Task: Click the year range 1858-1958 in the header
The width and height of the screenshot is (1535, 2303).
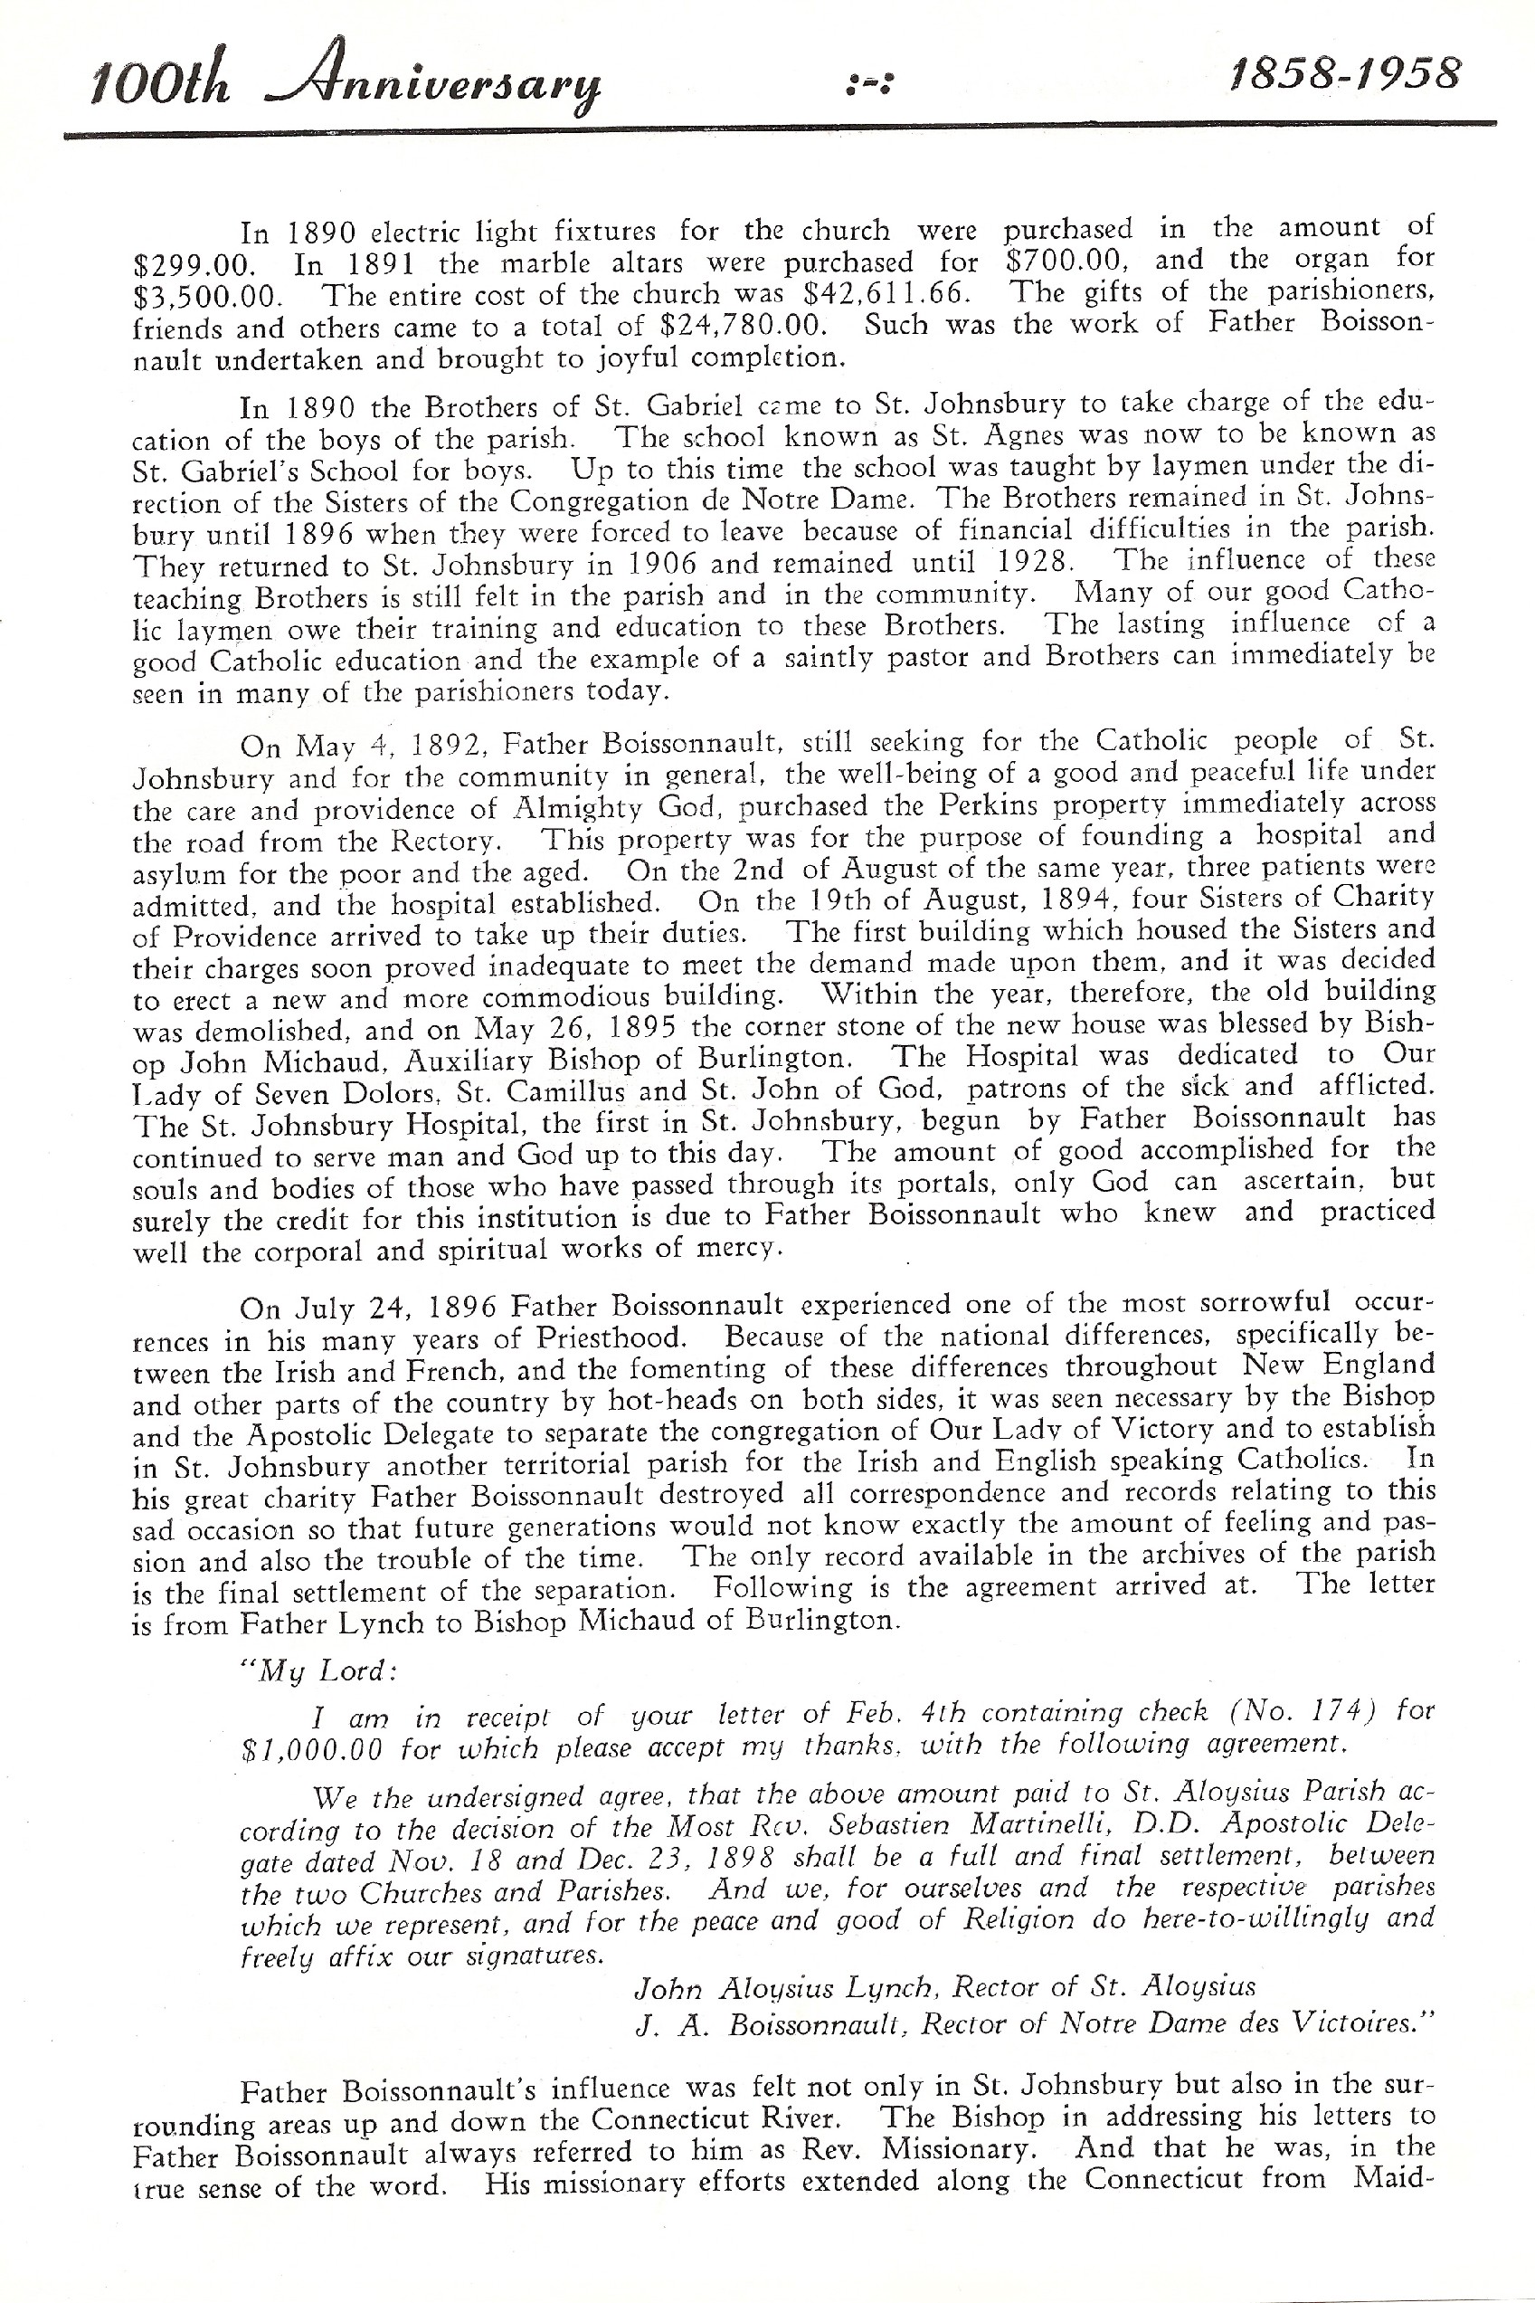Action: (1344, 74)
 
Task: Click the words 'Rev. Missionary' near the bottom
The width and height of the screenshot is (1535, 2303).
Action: (930, 2149)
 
